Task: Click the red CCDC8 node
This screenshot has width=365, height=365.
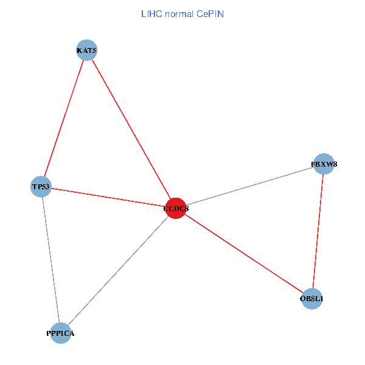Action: pyautogui.click(x=175, y=209)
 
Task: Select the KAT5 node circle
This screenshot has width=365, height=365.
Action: pyautogui.click(x=86, y=50)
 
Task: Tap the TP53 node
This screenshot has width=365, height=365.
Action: pyautogui.click(x=41, y=186)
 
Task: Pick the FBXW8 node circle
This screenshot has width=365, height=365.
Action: pyautogui.click(x=324, y=164)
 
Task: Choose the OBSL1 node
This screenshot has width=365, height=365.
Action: pyautogui.click(x=311, y=299)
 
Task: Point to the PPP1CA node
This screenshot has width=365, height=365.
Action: pyautogui.click(x=60, y=333)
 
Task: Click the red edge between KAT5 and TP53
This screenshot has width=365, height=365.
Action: pyautogui.click(x=64, y=119)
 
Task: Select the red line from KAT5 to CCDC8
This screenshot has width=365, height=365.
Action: pyautogui.click(x=131, y=130)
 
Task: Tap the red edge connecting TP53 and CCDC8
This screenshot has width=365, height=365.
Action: pyautogui.click(x=108, y=197)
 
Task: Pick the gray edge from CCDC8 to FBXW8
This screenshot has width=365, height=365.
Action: pyautogui.click(x=249, y=186)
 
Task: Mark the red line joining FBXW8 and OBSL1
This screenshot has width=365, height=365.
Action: pyautogui.click(x=318, y=231)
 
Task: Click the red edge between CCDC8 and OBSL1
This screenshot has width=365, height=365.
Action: pyautogui.click(x=243, y=254)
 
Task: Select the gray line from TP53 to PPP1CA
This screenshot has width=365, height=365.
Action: pyautogui.click(x=50, y=260)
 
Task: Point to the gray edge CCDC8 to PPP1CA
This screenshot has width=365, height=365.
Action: pyautogui.click(x=117, y=271)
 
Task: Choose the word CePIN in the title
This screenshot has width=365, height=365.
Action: pyautogui.click(x=210, y=13)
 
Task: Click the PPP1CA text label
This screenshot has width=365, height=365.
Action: pyautogui.click(x=60, y=333)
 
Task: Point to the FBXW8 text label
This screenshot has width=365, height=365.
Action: pyautogui.click(x=324, y=164)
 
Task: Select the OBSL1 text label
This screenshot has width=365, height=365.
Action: pyautogui.click(x=311, y=299)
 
